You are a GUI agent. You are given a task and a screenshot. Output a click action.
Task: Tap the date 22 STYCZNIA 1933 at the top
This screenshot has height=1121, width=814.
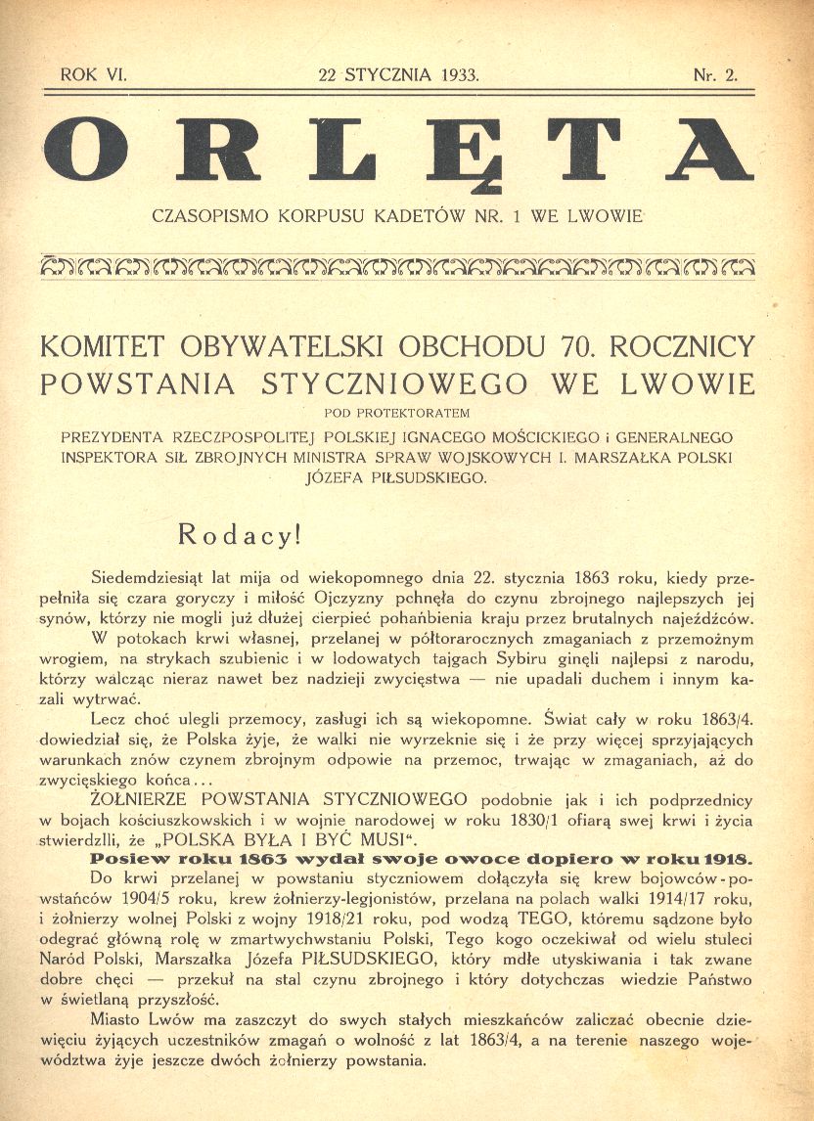(399, 74)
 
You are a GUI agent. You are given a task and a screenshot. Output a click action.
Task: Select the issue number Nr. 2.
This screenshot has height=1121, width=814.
(715, 74)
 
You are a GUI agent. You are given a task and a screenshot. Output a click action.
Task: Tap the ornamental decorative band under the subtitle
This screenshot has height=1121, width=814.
(399, 265)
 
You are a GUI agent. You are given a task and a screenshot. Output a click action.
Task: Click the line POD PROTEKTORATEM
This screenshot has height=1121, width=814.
(399, 411)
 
